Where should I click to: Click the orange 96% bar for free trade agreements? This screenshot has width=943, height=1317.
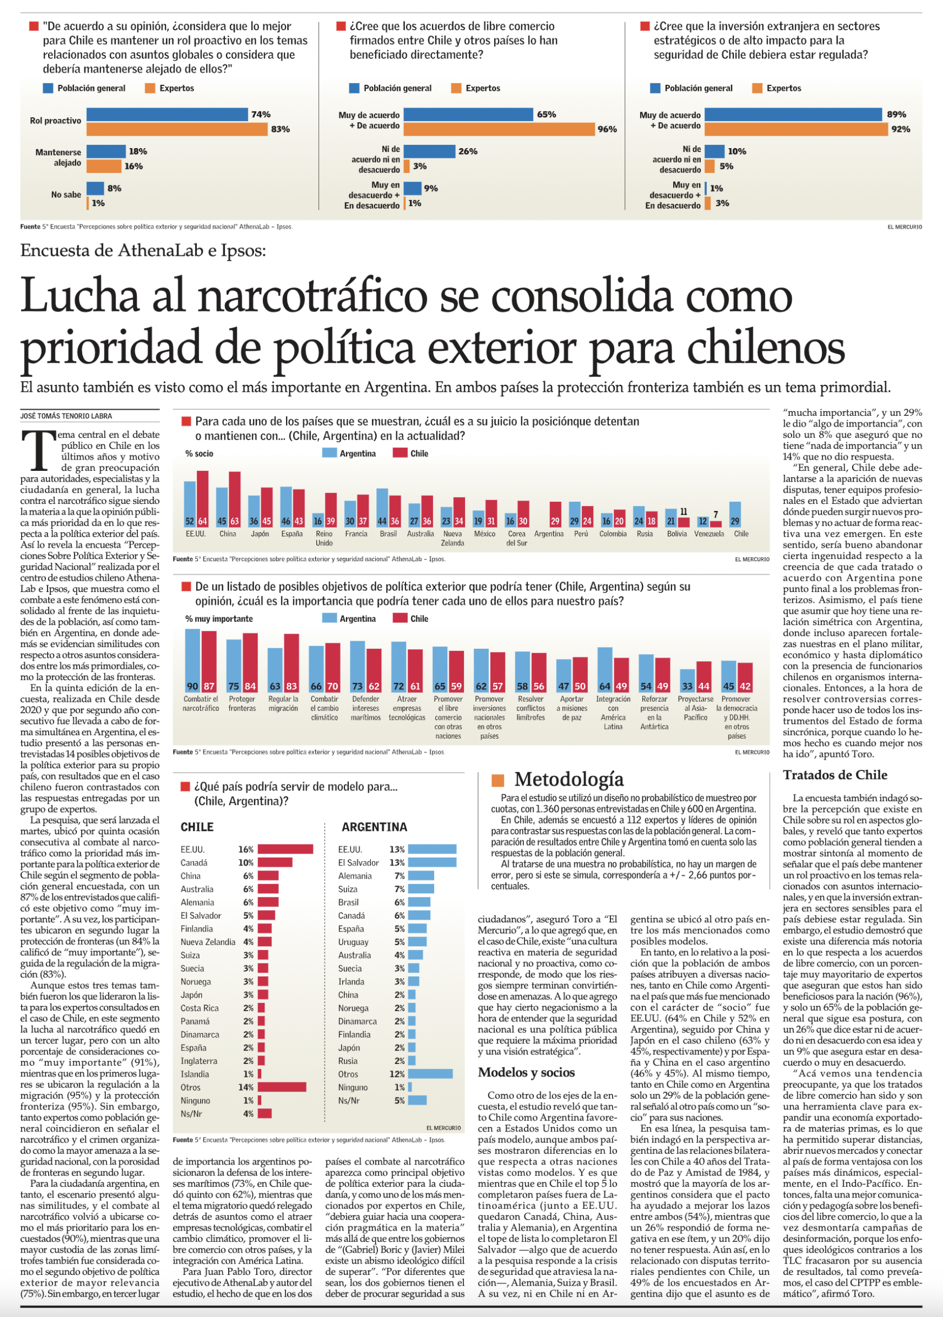500,129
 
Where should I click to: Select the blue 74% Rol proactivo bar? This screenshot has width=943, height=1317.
167,114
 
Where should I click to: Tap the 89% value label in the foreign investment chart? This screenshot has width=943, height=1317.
896,114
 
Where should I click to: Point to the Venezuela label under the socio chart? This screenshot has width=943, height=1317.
709,534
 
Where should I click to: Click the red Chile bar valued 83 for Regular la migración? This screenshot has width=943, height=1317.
291,663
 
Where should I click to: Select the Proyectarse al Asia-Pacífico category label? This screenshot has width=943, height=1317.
695,708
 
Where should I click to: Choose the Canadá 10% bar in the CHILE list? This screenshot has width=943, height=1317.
275,862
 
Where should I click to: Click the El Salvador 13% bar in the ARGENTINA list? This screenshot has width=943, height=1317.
432,862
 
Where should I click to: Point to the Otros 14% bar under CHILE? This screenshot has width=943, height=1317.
282,1087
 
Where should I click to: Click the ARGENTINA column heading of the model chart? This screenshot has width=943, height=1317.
374,827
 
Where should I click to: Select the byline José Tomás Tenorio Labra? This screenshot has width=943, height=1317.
66,416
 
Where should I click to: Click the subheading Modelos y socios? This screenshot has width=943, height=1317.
526,1072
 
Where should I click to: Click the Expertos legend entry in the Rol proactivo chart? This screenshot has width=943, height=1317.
170,88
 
